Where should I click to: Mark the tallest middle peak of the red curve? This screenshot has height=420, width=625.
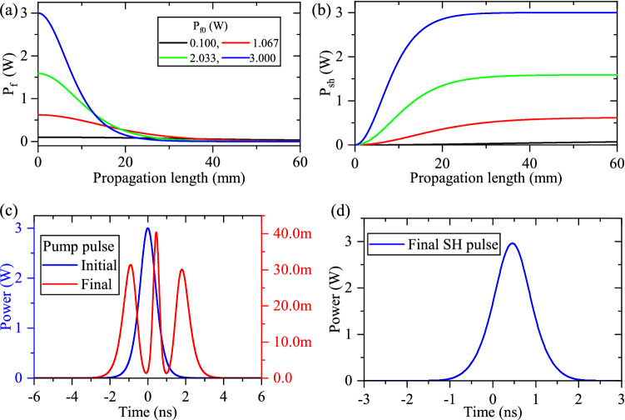[x=156, y=232]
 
